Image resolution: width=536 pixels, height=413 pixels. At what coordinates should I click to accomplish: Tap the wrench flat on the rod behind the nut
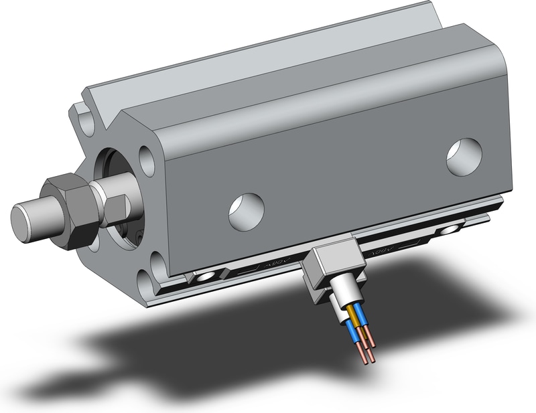115,209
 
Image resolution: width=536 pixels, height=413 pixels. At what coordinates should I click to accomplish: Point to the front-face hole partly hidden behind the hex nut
94,240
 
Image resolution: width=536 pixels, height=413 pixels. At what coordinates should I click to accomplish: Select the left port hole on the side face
246,211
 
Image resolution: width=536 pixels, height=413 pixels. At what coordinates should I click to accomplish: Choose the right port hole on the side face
464,157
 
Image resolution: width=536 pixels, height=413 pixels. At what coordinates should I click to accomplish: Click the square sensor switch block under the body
333,266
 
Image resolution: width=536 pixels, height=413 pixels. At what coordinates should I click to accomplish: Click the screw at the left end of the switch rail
204,276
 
